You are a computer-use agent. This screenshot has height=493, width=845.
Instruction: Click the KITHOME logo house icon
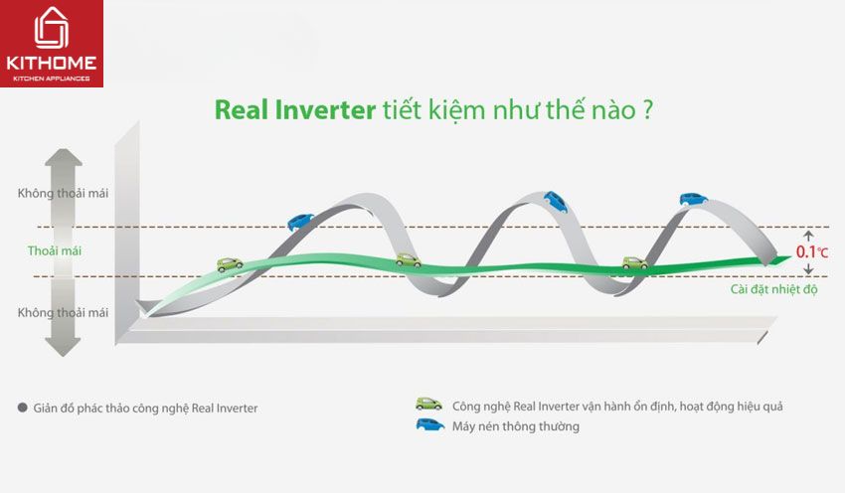(51, 28)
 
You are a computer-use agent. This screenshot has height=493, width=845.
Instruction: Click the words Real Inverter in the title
(295, 110)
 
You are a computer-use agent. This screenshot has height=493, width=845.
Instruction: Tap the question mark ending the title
(647, 110)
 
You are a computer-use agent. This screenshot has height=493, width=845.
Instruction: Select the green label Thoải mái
(55, 250)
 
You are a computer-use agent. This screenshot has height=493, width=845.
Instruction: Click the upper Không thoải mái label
(63, 193)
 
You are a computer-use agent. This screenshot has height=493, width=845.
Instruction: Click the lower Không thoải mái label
(63, 312)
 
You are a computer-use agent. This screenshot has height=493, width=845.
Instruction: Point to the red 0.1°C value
(811, 251)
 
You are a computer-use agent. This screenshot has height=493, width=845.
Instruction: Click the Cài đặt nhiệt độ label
(773, 289)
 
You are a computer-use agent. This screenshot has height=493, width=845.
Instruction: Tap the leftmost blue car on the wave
(300, 222)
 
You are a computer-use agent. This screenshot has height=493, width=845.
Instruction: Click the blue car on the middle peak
(556, 202)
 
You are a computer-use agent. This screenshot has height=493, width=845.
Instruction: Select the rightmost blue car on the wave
(693, 199)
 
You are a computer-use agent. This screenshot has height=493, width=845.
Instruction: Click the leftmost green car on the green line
(230, 264)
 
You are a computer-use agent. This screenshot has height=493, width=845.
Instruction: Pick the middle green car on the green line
(408, 260)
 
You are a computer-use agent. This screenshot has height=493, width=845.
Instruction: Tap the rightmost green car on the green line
(635, 262)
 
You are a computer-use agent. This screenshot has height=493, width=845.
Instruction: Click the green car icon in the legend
(428, 405)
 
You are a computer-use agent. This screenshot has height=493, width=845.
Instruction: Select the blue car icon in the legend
(430, 425)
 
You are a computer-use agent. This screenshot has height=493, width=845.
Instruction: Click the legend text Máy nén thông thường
(516, 426)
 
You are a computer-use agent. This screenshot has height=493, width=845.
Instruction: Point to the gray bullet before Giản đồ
(23, 408)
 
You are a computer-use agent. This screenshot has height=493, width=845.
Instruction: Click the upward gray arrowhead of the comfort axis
(63, 157)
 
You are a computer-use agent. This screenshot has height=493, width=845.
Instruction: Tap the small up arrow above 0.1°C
(808, 236)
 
